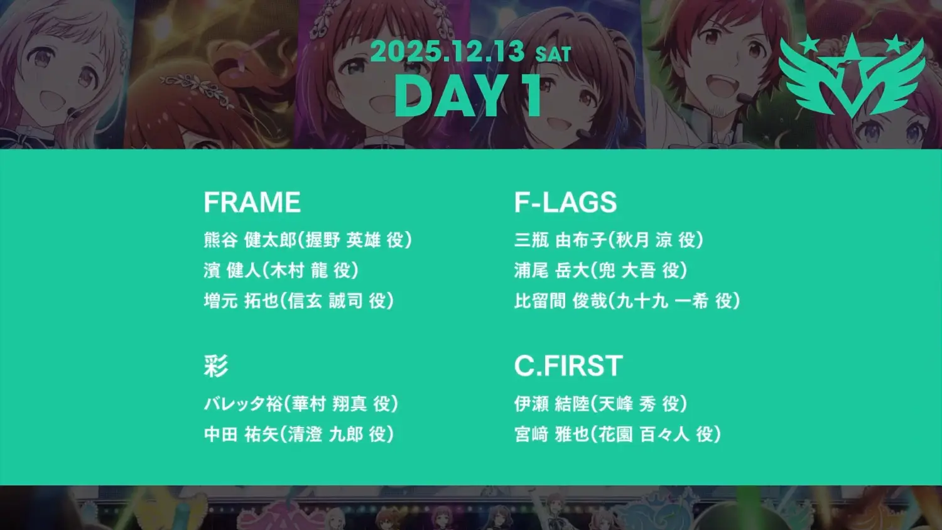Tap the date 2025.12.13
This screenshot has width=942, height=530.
448,51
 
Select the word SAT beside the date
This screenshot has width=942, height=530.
553,54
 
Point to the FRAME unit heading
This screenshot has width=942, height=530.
252,202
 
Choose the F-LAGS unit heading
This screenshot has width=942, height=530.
566,202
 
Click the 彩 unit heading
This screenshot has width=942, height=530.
216,365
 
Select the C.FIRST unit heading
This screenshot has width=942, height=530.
568,365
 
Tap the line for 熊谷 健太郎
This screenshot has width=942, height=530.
308,240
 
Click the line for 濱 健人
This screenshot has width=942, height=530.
281,271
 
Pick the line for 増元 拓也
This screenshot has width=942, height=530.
298,301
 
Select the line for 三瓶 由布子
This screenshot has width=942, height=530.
609,240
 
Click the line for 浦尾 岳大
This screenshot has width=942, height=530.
600,271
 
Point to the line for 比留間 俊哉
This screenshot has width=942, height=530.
627,301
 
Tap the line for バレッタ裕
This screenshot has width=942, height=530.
301,404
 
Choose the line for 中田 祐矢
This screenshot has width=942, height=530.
298,435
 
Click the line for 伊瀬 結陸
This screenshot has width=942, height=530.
600,404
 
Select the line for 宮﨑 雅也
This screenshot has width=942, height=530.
617,435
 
